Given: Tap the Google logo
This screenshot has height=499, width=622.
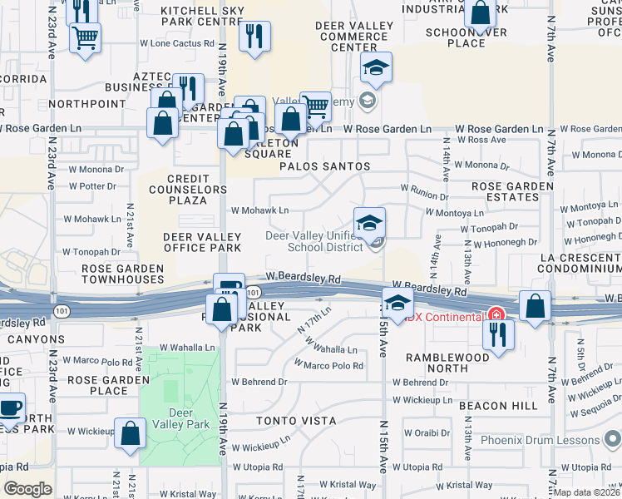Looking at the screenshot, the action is pyautogui.click(x=27, y=488).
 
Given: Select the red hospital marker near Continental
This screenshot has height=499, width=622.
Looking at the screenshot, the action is pyautogui.click(x=496, y=314).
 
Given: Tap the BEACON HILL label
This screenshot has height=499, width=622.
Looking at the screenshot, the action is pyautogui.click(x=506, y=404).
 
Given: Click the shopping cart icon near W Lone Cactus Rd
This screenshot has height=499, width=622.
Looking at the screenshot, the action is pyautogui.click(x=85, y=37).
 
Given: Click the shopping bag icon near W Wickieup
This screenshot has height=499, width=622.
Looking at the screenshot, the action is pyautogui.click(x=130, y=433).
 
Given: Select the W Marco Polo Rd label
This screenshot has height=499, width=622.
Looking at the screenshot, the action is pyautogui.click(x=328, y=365).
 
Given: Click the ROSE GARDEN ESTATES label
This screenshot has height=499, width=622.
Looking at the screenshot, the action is pyautogui.click(x=511, y=191).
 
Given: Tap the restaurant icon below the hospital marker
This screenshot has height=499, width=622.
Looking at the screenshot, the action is pyautogui.click(x=498, y=333).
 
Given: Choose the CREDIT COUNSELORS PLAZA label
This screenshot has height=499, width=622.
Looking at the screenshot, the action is pyautogui.click(x=196, y=189).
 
